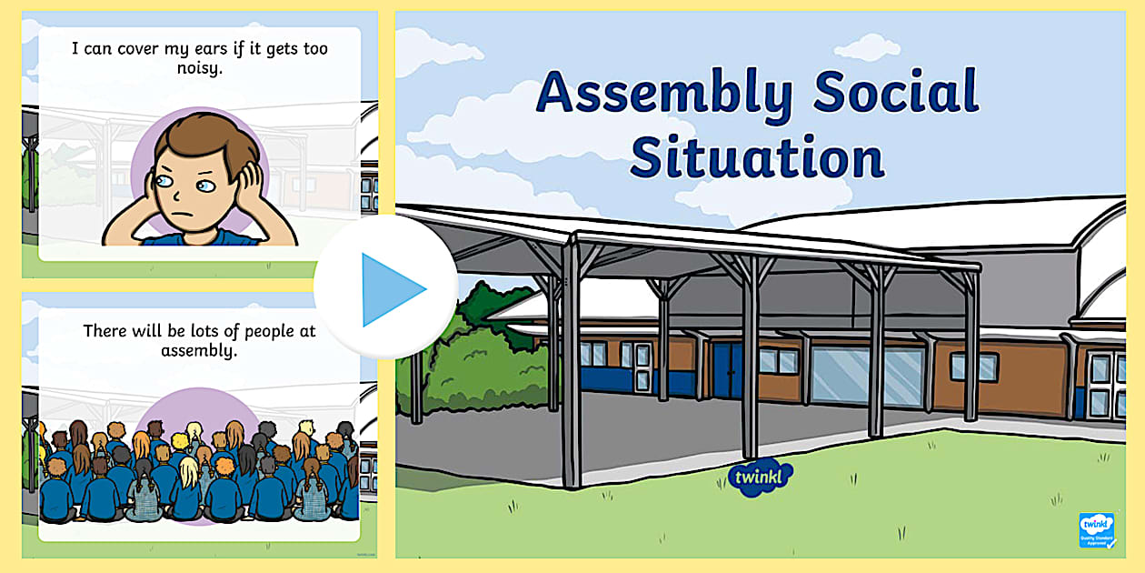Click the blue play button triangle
[x=391, y=289]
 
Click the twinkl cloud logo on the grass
[x=760, y=479]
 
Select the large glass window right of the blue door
[x=854, y=374]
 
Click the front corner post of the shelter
[x=571, y=364]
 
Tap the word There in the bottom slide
[x=105, y=331]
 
